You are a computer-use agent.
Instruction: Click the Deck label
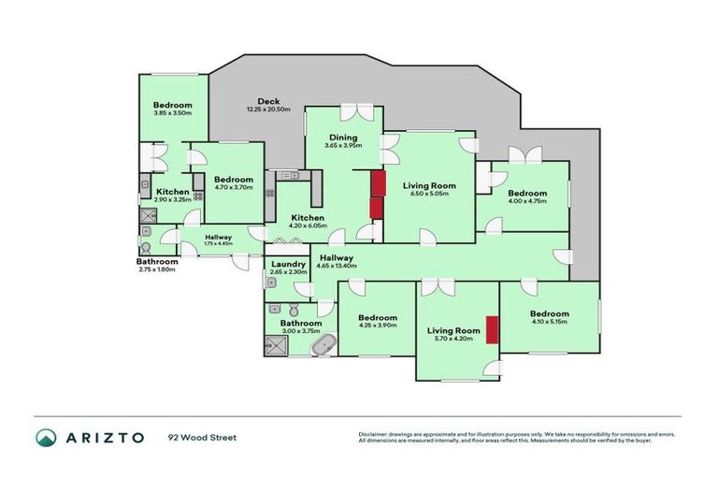[x=269, y=102]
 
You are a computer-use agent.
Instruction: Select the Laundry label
[x=288, y=265]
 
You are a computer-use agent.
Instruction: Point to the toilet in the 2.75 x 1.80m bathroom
[x=147, y=246]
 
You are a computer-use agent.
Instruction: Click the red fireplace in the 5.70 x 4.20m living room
[x=490, y=330]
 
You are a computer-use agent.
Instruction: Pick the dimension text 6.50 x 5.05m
[x=430, y=196]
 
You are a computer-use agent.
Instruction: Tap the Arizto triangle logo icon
[x=46, y=437]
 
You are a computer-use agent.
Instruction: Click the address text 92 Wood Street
[x=203, y=437]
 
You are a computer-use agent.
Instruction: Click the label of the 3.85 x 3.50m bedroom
[x=173, y=105]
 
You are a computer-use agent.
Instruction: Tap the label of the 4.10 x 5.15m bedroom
[x=548, y=314]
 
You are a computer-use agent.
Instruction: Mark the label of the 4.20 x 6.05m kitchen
[x=294, y=216]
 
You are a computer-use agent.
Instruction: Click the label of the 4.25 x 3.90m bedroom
[x=378, y=318]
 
